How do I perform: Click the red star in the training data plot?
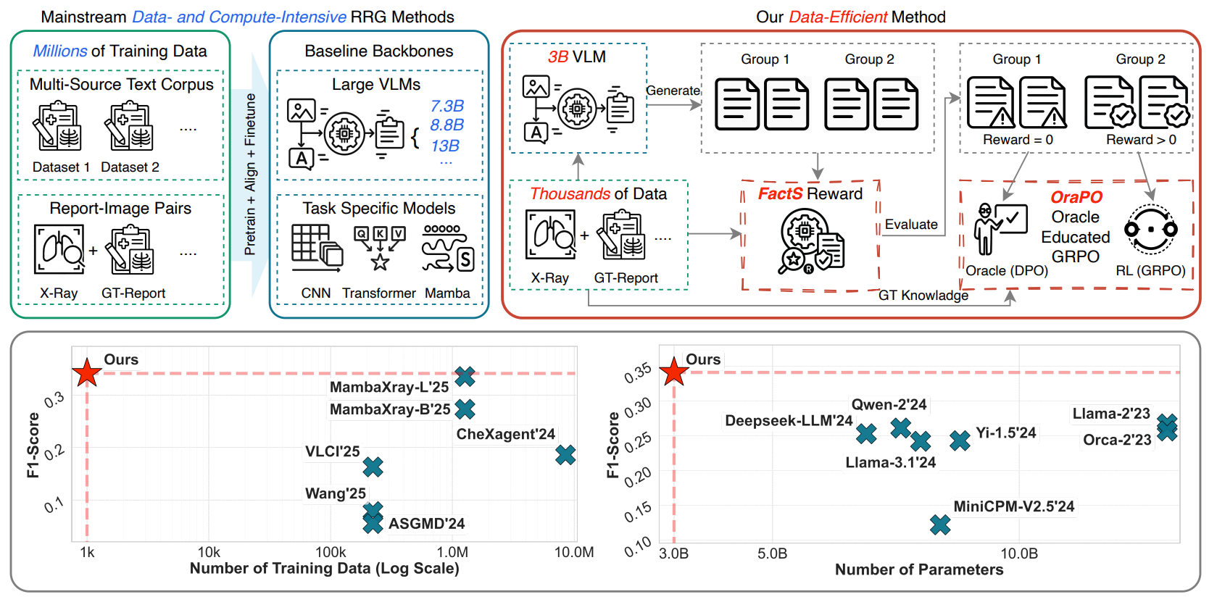(x=87, y=372)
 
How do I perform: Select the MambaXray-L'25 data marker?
(x=465, y=376)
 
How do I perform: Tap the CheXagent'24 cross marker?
(x=565, y=455)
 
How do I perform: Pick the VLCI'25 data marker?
(x=373, y=467)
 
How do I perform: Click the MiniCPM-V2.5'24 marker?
(x=940, y=525)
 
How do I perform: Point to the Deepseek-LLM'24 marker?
(x=867, y=433)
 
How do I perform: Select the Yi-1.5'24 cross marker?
(x=960, y=440)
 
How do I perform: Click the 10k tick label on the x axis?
(x=209, y=553)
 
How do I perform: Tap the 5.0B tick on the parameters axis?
(x=773, y=553)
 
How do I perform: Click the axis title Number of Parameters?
(x=918, y=569)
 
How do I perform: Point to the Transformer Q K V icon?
(x=381, y=248)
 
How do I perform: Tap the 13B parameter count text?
(x=445, y=146)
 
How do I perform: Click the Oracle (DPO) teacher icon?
(x=1000, y=229)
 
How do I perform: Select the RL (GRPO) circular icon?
(x=1151, y=230)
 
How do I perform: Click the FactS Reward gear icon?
(x=811, y=241)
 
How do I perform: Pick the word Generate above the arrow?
(x=673, y=91)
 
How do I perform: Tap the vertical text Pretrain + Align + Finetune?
(x=250, y=174)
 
